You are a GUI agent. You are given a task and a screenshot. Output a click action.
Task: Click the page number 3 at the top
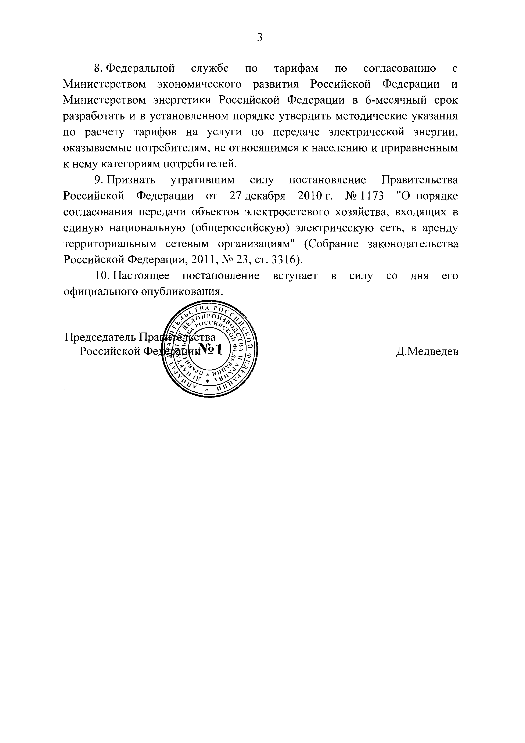coord(260,38)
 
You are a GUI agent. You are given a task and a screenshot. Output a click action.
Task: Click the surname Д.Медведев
coord(427,351)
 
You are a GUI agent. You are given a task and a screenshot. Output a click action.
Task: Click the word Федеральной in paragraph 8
coord(141,69)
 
